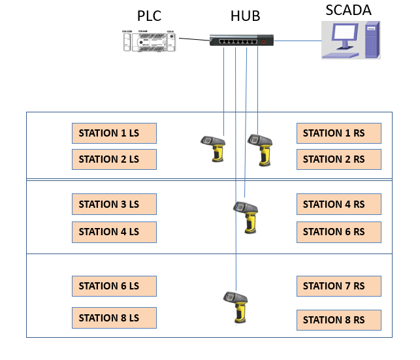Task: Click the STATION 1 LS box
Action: click(114, 133)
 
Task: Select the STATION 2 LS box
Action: click(114, 159)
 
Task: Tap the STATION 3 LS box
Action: click(114, 205)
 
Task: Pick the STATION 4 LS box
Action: click(114, 232)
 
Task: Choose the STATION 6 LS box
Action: click(114, 286)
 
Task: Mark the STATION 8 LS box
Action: click(114, 318)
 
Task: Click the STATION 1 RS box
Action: click(338, 133)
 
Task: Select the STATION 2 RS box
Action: click(338, 159)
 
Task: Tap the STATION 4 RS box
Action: click(338, 205)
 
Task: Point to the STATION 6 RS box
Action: click(338, 232)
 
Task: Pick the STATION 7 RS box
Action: click(338, 286)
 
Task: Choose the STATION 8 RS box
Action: click(338, 320)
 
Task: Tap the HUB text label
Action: click(245, 16)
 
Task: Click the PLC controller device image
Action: click(150, 41)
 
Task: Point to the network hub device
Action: click(242, 41)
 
